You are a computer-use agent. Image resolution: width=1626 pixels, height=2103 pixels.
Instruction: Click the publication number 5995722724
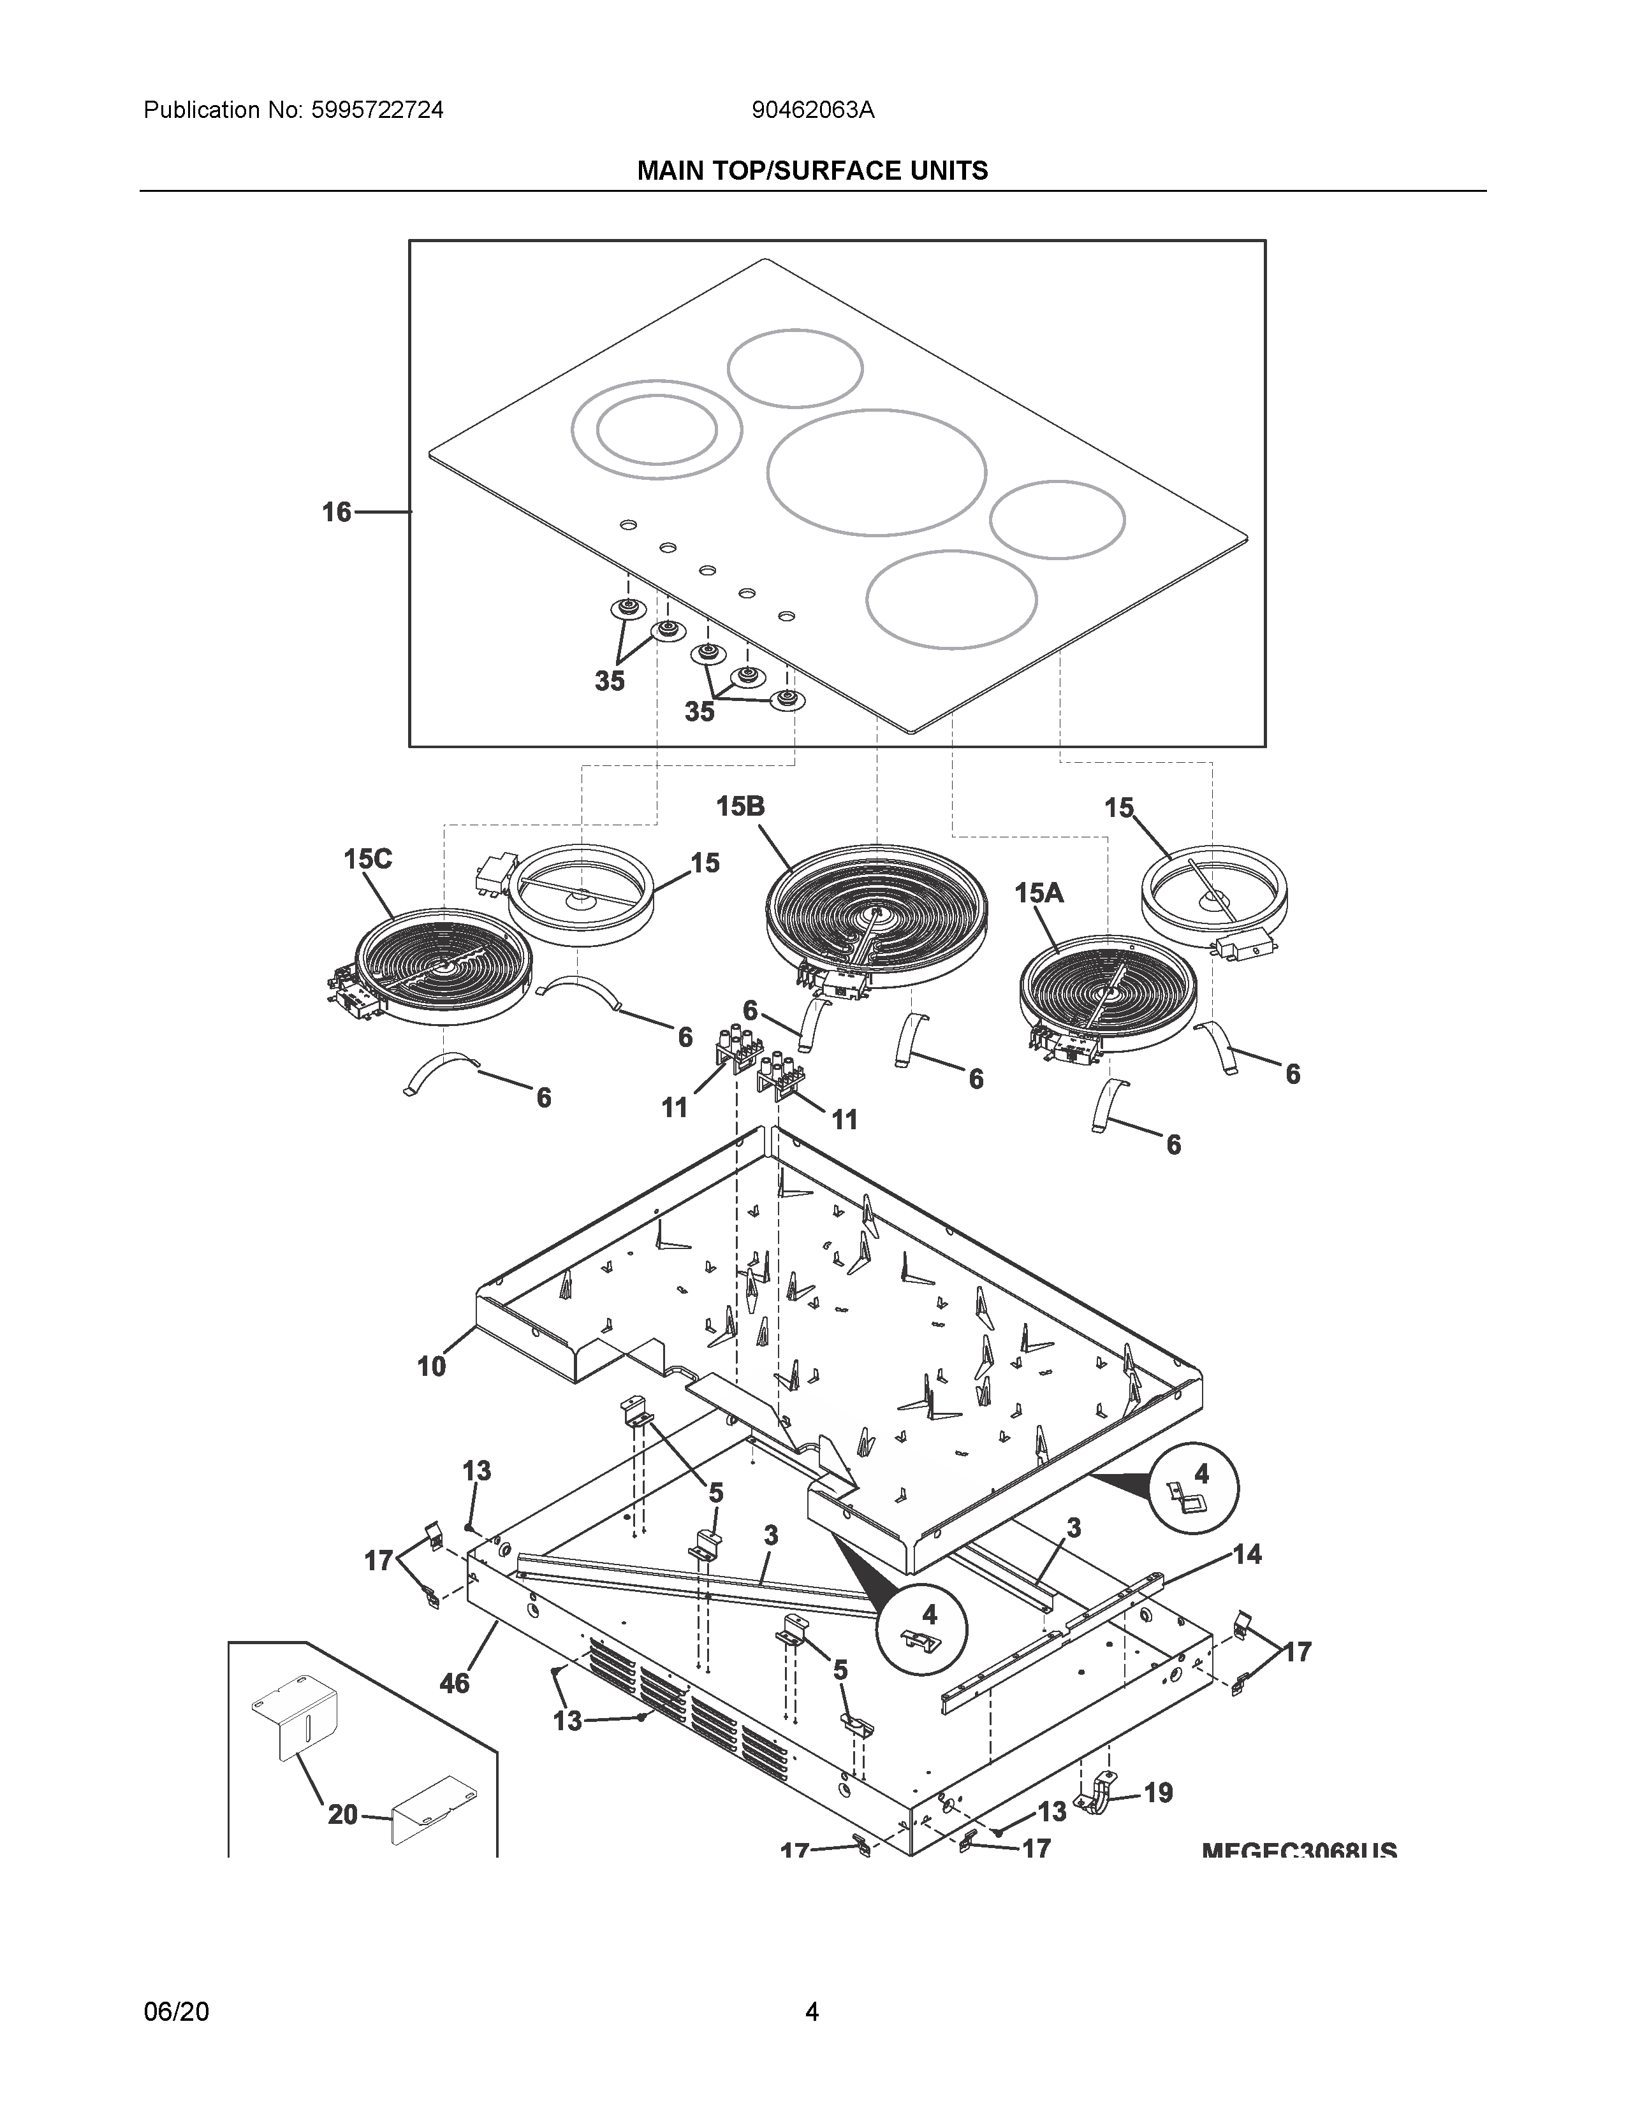click(x=377, y=111)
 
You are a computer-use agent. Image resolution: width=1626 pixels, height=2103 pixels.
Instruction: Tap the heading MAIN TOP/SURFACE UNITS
click(x=812, y=171)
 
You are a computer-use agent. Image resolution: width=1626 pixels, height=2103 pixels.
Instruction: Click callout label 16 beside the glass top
click(x=336, y=512)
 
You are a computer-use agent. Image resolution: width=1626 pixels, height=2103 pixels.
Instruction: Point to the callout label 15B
click(x=740, y=806)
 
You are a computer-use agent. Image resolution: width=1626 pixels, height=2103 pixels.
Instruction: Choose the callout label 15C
click(x=368, y=859)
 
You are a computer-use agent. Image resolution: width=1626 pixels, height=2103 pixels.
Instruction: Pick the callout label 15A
click(x=1038, y=893)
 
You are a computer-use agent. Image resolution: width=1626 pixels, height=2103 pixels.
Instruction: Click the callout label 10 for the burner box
click(x=432, y=1366)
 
